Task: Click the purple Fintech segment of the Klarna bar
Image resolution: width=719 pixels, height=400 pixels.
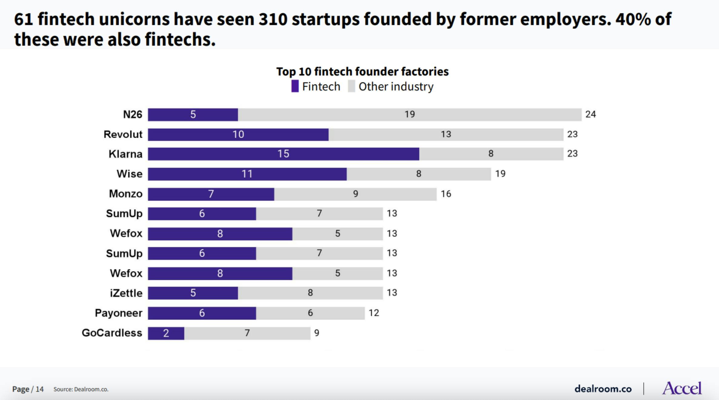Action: pos(283,154)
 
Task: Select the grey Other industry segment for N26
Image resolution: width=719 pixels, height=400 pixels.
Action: pos(409,115)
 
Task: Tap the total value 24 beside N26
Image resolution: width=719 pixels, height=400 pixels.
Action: pos(590,114)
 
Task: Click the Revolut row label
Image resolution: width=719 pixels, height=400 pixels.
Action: pos(123,134)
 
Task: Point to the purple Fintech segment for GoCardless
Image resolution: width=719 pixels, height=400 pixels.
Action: pos(166,333)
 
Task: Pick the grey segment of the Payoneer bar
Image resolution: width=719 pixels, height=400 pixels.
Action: pos(310,313)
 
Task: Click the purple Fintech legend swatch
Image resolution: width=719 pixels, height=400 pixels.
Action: pos(295,86)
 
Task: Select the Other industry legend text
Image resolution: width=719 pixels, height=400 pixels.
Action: pos(396,87)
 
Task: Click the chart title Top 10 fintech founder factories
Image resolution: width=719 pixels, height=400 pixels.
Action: pos(362,72)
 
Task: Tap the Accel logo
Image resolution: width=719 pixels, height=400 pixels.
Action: pos(681,388)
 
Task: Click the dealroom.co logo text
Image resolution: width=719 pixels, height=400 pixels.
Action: pos(603,389)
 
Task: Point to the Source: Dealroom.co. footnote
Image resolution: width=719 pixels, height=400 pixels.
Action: pos(81,389)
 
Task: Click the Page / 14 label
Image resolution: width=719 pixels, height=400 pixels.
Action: pos(28,389)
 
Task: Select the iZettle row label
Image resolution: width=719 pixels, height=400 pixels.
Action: pos(126,293)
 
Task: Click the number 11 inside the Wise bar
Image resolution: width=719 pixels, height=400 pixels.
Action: pos(247,174)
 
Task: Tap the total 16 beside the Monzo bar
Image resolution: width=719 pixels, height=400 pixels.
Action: pos(446,194)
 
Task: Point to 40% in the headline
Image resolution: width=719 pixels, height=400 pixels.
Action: pos(633,19)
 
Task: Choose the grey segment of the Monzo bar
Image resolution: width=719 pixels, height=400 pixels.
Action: pos(355,194)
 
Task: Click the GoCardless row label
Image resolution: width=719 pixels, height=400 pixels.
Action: pos(112,333)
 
